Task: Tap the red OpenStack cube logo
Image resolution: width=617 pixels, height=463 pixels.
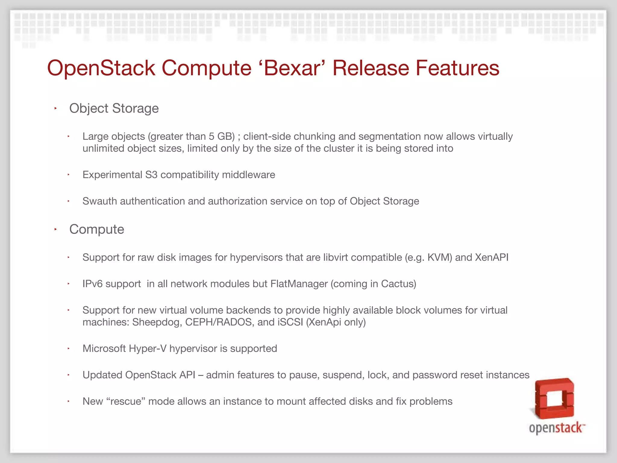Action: pyautogui.click(x=554, y=398)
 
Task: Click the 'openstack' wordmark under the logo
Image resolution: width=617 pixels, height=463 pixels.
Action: pyautogui.click(x=556, y=428)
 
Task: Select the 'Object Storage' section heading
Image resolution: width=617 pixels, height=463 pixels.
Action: pyautogui.click(x=114, y=109)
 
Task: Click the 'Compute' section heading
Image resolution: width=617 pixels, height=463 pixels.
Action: pyautogui.click(x=97, y=229)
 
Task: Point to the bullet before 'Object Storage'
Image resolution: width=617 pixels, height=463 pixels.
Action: pyautogui.click(x=55, y=108)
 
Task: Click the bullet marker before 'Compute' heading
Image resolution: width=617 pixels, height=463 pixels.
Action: pyautogui.click(x=55, y=229)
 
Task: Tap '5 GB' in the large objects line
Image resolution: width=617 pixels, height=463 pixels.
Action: pyautogui.click(x=222, y=137)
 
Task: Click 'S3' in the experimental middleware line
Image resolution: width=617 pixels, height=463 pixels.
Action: pyautogui.click(x=151, y=175)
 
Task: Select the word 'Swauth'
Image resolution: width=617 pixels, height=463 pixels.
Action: pyautogui.click(x=100, y=201)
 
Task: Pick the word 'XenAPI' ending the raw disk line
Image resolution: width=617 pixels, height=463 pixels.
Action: pyautogui.click(x=492, y=257)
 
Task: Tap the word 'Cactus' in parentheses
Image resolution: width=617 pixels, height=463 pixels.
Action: pyautogui.click(x=397, y=284)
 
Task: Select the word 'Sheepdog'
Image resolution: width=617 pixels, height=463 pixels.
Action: pyautogui.click(x=157, y=322)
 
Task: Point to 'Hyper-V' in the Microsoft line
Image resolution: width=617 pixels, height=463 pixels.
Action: pyautogui.click(x=148, y=349)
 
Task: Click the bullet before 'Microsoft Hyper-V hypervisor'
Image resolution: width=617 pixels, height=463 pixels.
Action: pyautogui.click(x=69, y=348)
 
